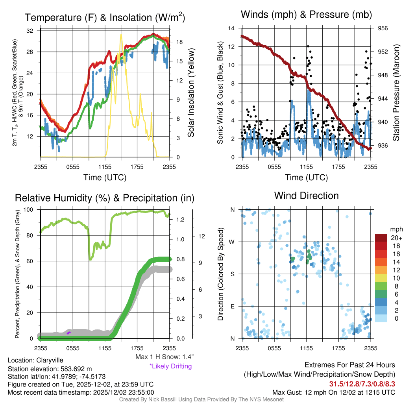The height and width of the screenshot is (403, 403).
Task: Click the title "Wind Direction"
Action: coord(306,196)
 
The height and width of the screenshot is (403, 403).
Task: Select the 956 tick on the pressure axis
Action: coord(383,28)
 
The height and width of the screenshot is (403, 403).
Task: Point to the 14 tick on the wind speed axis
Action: coord(231,28)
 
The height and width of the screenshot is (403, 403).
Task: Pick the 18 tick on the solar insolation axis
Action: coord(178,42)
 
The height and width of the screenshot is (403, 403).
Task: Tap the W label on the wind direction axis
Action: coord(232,242)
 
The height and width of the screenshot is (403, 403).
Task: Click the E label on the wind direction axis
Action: coord(232,306)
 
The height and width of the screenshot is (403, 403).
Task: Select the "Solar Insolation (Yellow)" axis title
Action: coord(192,93)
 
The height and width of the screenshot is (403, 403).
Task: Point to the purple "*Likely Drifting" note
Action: coord(170,366)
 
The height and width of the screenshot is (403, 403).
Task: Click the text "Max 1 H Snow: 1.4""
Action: coord(164,357)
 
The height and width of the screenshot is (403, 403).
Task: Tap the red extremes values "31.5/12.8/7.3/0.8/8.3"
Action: coord(362,384)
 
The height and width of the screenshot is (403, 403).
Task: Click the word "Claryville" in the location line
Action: coord(50,360)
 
